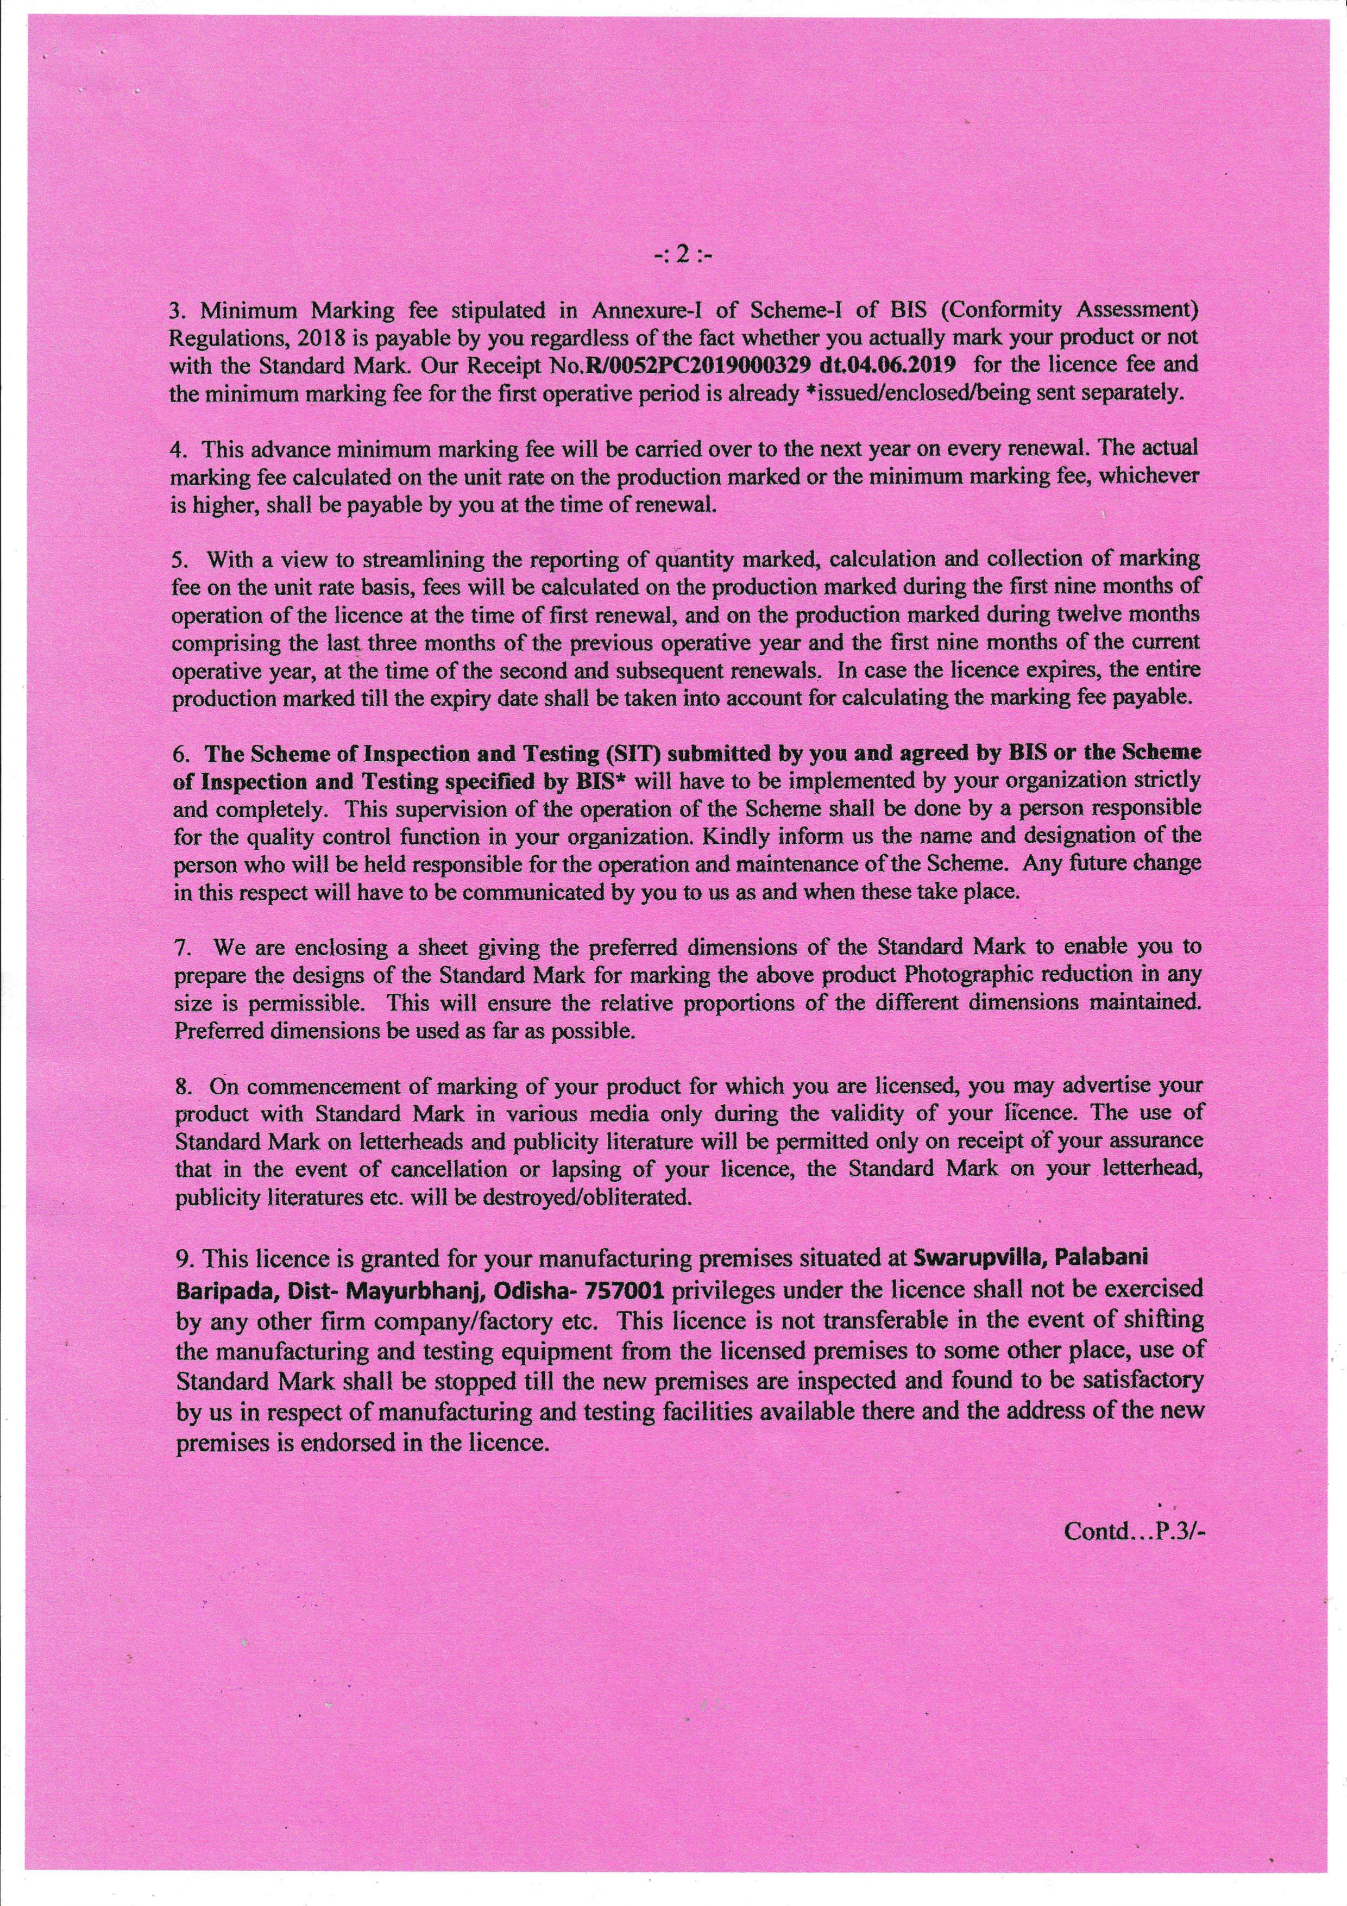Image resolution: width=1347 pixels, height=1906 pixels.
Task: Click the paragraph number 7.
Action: [x=179, y=947]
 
